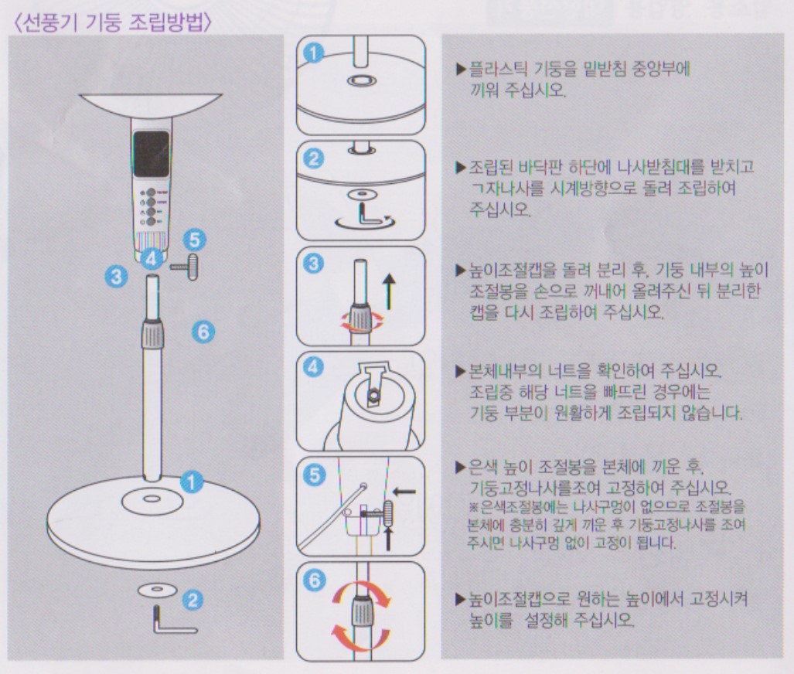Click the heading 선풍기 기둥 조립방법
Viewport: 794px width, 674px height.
[x=114, y=22]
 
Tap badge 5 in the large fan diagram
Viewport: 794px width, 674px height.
[x=195, y=240]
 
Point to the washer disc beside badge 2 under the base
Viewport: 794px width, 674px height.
[x=156, y=590]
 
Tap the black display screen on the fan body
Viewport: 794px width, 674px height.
[x=152, y=154]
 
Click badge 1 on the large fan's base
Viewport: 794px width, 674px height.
[x=192, y=482]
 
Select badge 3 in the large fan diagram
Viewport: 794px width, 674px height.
[x=116, y=277]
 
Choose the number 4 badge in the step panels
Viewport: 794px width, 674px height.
[x=314, y=367]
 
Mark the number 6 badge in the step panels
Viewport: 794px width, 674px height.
[x=315, y=579]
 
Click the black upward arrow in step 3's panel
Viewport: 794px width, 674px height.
[x=388, y=291]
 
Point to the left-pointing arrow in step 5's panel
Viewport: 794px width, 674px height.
[x=404, y=491]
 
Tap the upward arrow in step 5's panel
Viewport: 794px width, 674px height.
[x=388, y=537]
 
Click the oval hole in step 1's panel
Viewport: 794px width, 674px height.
[x=362, y=80]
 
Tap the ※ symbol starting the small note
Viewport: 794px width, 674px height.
[x=473, y=506]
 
